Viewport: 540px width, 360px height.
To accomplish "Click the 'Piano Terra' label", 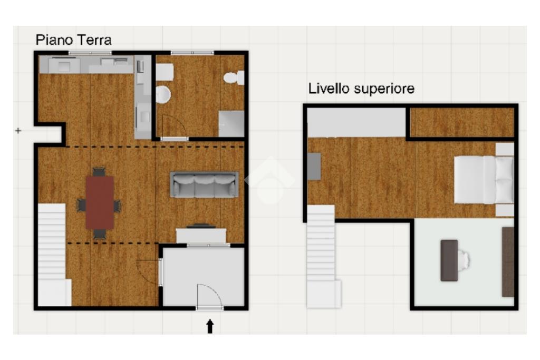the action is (74, 40).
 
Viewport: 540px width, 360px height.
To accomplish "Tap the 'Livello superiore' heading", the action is (361, 89).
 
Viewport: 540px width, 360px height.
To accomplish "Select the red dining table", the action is (100, 203).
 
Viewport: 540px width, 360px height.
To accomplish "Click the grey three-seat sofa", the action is (204, 184).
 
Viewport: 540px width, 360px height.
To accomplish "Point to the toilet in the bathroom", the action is (234, 78).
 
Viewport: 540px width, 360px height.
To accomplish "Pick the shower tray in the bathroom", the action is (232, 123).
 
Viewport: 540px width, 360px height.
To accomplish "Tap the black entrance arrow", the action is (210, 326).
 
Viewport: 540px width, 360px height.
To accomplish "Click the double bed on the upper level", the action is (484, 180).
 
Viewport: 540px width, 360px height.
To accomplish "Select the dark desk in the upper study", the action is (449, 260).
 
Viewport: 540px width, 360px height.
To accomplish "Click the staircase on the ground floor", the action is (53, 255).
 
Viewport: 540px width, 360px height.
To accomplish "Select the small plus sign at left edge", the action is (18, 130).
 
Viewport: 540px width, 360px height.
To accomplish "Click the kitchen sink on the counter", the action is (64, 65).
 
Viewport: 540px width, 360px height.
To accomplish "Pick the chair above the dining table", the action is (99, 172).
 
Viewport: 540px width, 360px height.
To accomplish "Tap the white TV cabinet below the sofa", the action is (201, 236).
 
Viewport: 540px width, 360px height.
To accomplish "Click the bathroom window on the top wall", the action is (192, 53).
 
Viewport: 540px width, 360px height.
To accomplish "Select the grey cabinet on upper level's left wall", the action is (314, 167).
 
